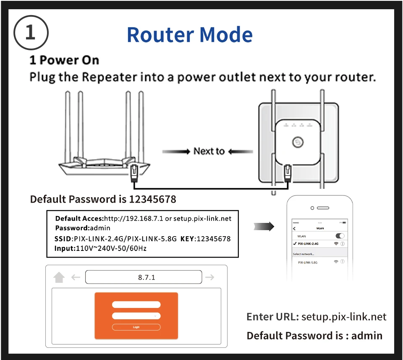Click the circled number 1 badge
point(31,33)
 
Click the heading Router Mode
point(190,35)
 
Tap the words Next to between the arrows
point(209,151)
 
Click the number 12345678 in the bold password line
point(152,199)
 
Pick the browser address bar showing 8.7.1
point(143,277)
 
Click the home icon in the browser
point(59,277)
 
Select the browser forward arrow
point(210,277)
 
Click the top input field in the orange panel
point(136,305)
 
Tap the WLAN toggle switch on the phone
point(340,236)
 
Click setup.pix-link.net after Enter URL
point(344,317)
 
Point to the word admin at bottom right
point(367,336)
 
